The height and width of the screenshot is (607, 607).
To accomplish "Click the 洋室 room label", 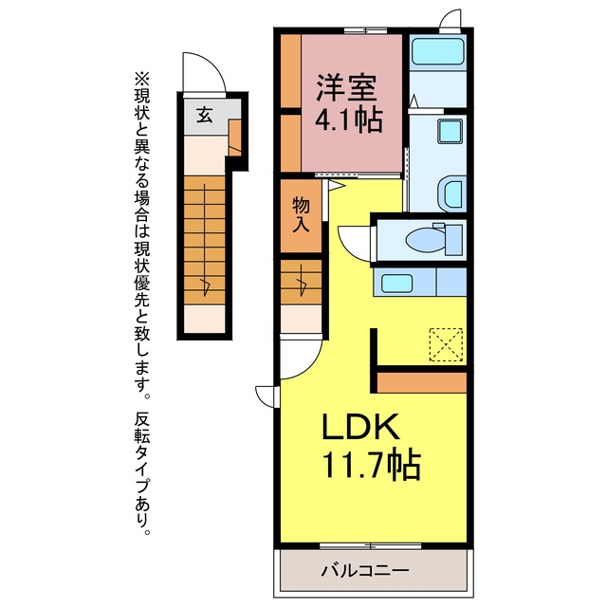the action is [346, 87].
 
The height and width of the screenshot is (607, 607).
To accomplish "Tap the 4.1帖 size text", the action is [349, 120].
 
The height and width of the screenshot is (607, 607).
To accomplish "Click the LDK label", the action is [360, 426].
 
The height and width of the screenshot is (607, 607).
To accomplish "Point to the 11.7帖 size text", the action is [371, 464].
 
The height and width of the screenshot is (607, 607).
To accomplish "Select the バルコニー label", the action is [364, 570].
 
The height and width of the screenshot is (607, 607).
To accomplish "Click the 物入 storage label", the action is [301, 214].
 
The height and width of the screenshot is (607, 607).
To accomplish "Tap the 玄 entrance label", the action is [205, 115].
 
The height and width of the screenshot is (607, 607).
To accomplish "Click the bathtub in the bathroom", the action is [438, 51].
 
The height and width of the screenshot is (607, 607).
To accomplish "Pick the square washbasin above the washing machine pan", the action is [450, 131].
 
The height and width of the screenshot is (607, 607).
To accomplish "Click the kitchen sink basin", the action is [396, 283].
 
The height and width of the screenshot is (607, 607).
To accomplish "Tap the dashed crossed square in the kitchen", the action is [446, 344].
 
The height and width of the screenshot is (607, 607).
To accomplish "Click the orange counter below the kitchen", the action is [421, 382].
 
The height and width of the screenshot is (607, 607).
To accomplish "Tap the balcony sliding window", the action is [371, 546].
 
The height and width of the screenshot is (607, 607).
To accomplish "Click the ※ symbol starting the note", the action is [141, 80].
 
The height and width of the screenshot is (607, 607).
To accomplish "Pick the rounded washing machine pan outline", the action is [451, 193].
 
